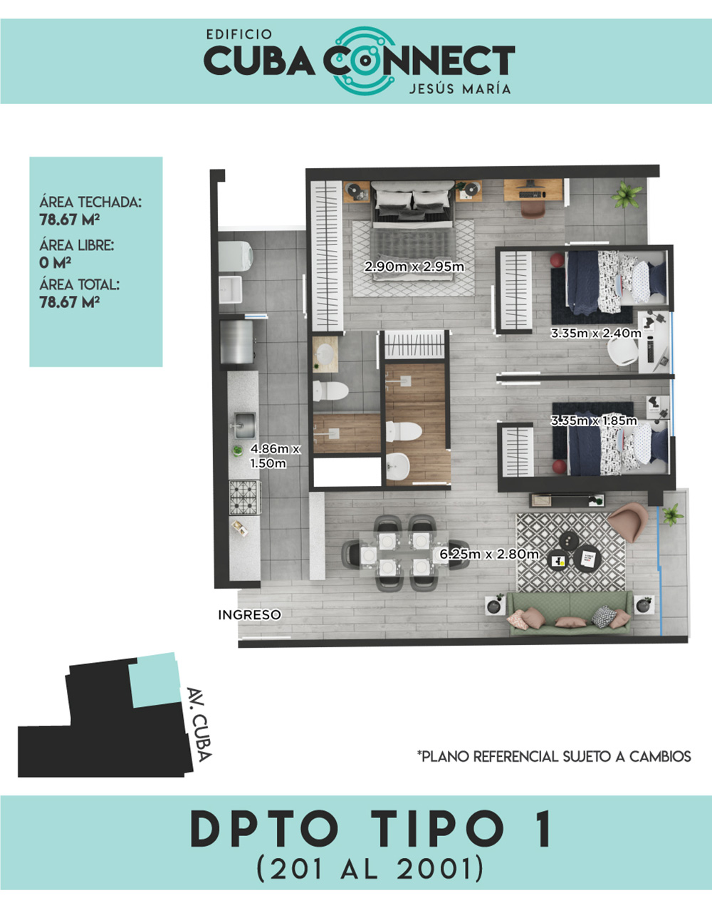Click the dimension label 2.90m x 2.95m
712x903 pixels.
point(414,267)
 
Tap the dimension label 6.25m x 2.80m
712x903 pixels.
point(489,554)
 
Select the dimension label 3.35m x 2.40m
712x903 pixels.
point(596,333)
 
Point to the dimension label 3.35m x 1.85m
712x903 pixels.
point(594,420)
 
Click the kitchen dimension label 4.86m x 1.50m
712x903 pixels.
point(275,455)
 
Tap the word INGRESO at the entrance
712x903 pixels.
point(249,615)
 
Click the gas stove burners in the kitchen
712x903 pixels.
point(245,497)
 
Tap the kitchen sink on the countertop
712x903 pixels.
point(244,426)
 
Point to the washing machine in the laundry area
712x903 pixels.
point(235,256)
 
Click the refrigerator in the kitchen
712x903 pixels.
point(237,342)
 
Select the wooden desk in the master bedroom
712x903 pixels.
point(533,190)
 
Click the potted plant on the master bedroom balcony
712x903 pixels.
point(626,195)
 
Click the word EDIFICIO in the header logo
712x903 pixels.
point(239,34)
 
